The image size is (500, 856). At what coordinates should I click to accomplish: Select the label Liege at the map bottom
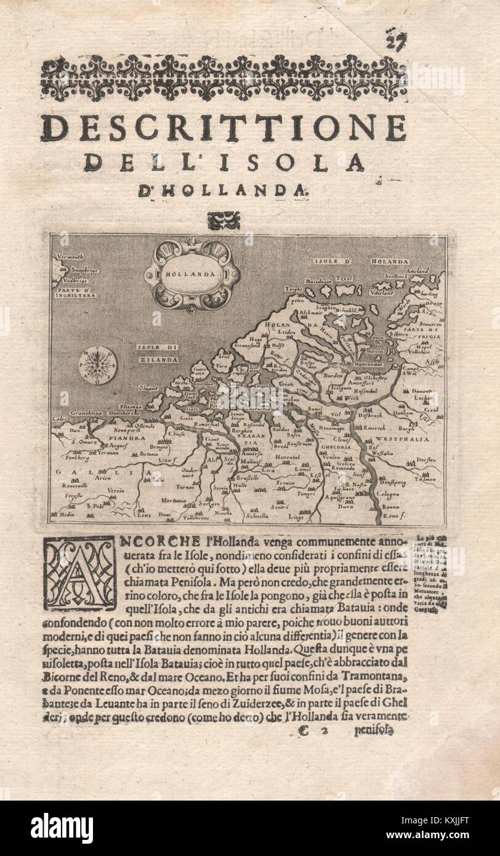coord(296,518)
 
